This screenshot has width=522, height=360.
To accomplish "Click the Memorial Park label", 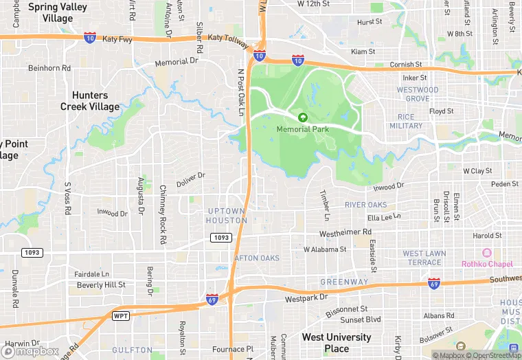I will [x=303, y=129].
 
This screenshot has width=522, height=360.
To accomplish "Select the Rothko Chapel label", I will [x=487, y=264].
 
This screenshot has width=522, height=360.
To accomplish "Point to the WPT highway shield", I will [x=121, y=315].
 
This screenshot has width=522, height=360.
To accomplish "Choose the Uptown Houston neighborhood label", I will [x=226, y=216].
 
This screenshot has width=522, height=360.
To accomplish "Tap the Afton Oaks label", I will [x=257, y=258].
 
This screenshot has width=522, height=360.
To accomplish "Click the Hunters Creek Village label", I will [x=89, y=101].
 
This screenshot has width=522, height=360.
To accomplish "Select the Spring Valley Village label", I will [x=58, y=12].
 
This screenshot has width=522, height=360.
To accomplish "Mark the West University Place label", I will [x=337, y=343].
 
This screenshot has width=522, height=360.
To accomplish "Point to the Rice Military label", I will [x=405, y=121].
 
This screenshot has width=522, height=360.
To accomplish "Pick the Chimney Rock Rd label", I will [x=163, y=214].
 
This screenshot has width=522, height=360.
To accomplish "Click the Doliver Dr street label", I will [x=190, y=179].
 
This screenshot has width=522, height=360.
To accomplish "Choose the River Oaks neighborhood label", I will [x=365, y=205].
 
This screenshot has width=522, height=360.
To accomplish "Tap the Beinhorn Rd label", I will [x=49, y=69].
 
